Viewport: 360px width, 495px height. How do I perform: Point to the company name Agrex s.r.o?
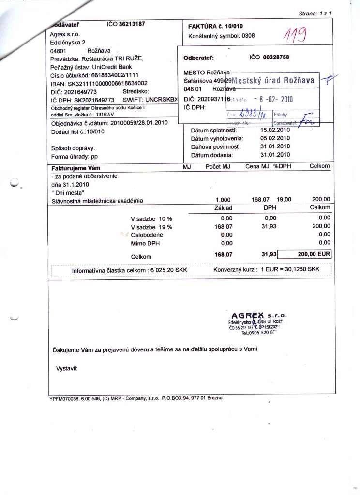(64, 34)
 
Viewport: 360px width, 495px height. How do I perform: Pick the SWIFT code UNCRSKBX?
(159, 100)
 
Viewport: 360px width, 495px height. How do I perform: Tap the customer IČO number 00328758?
(276, 57)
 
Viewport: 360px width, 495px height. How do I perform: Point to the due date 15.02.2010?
(275, 131)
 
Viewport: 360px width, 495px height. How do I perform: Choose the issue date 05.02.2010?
(275, 139)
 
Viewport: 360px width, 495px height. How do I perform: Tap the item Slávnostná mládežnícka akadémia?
(97, 200)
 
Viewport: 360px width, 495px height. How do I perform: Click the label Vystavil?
(67, 368)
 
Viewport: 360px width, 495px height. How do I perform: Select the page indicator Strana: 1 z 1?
(315, 14)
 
